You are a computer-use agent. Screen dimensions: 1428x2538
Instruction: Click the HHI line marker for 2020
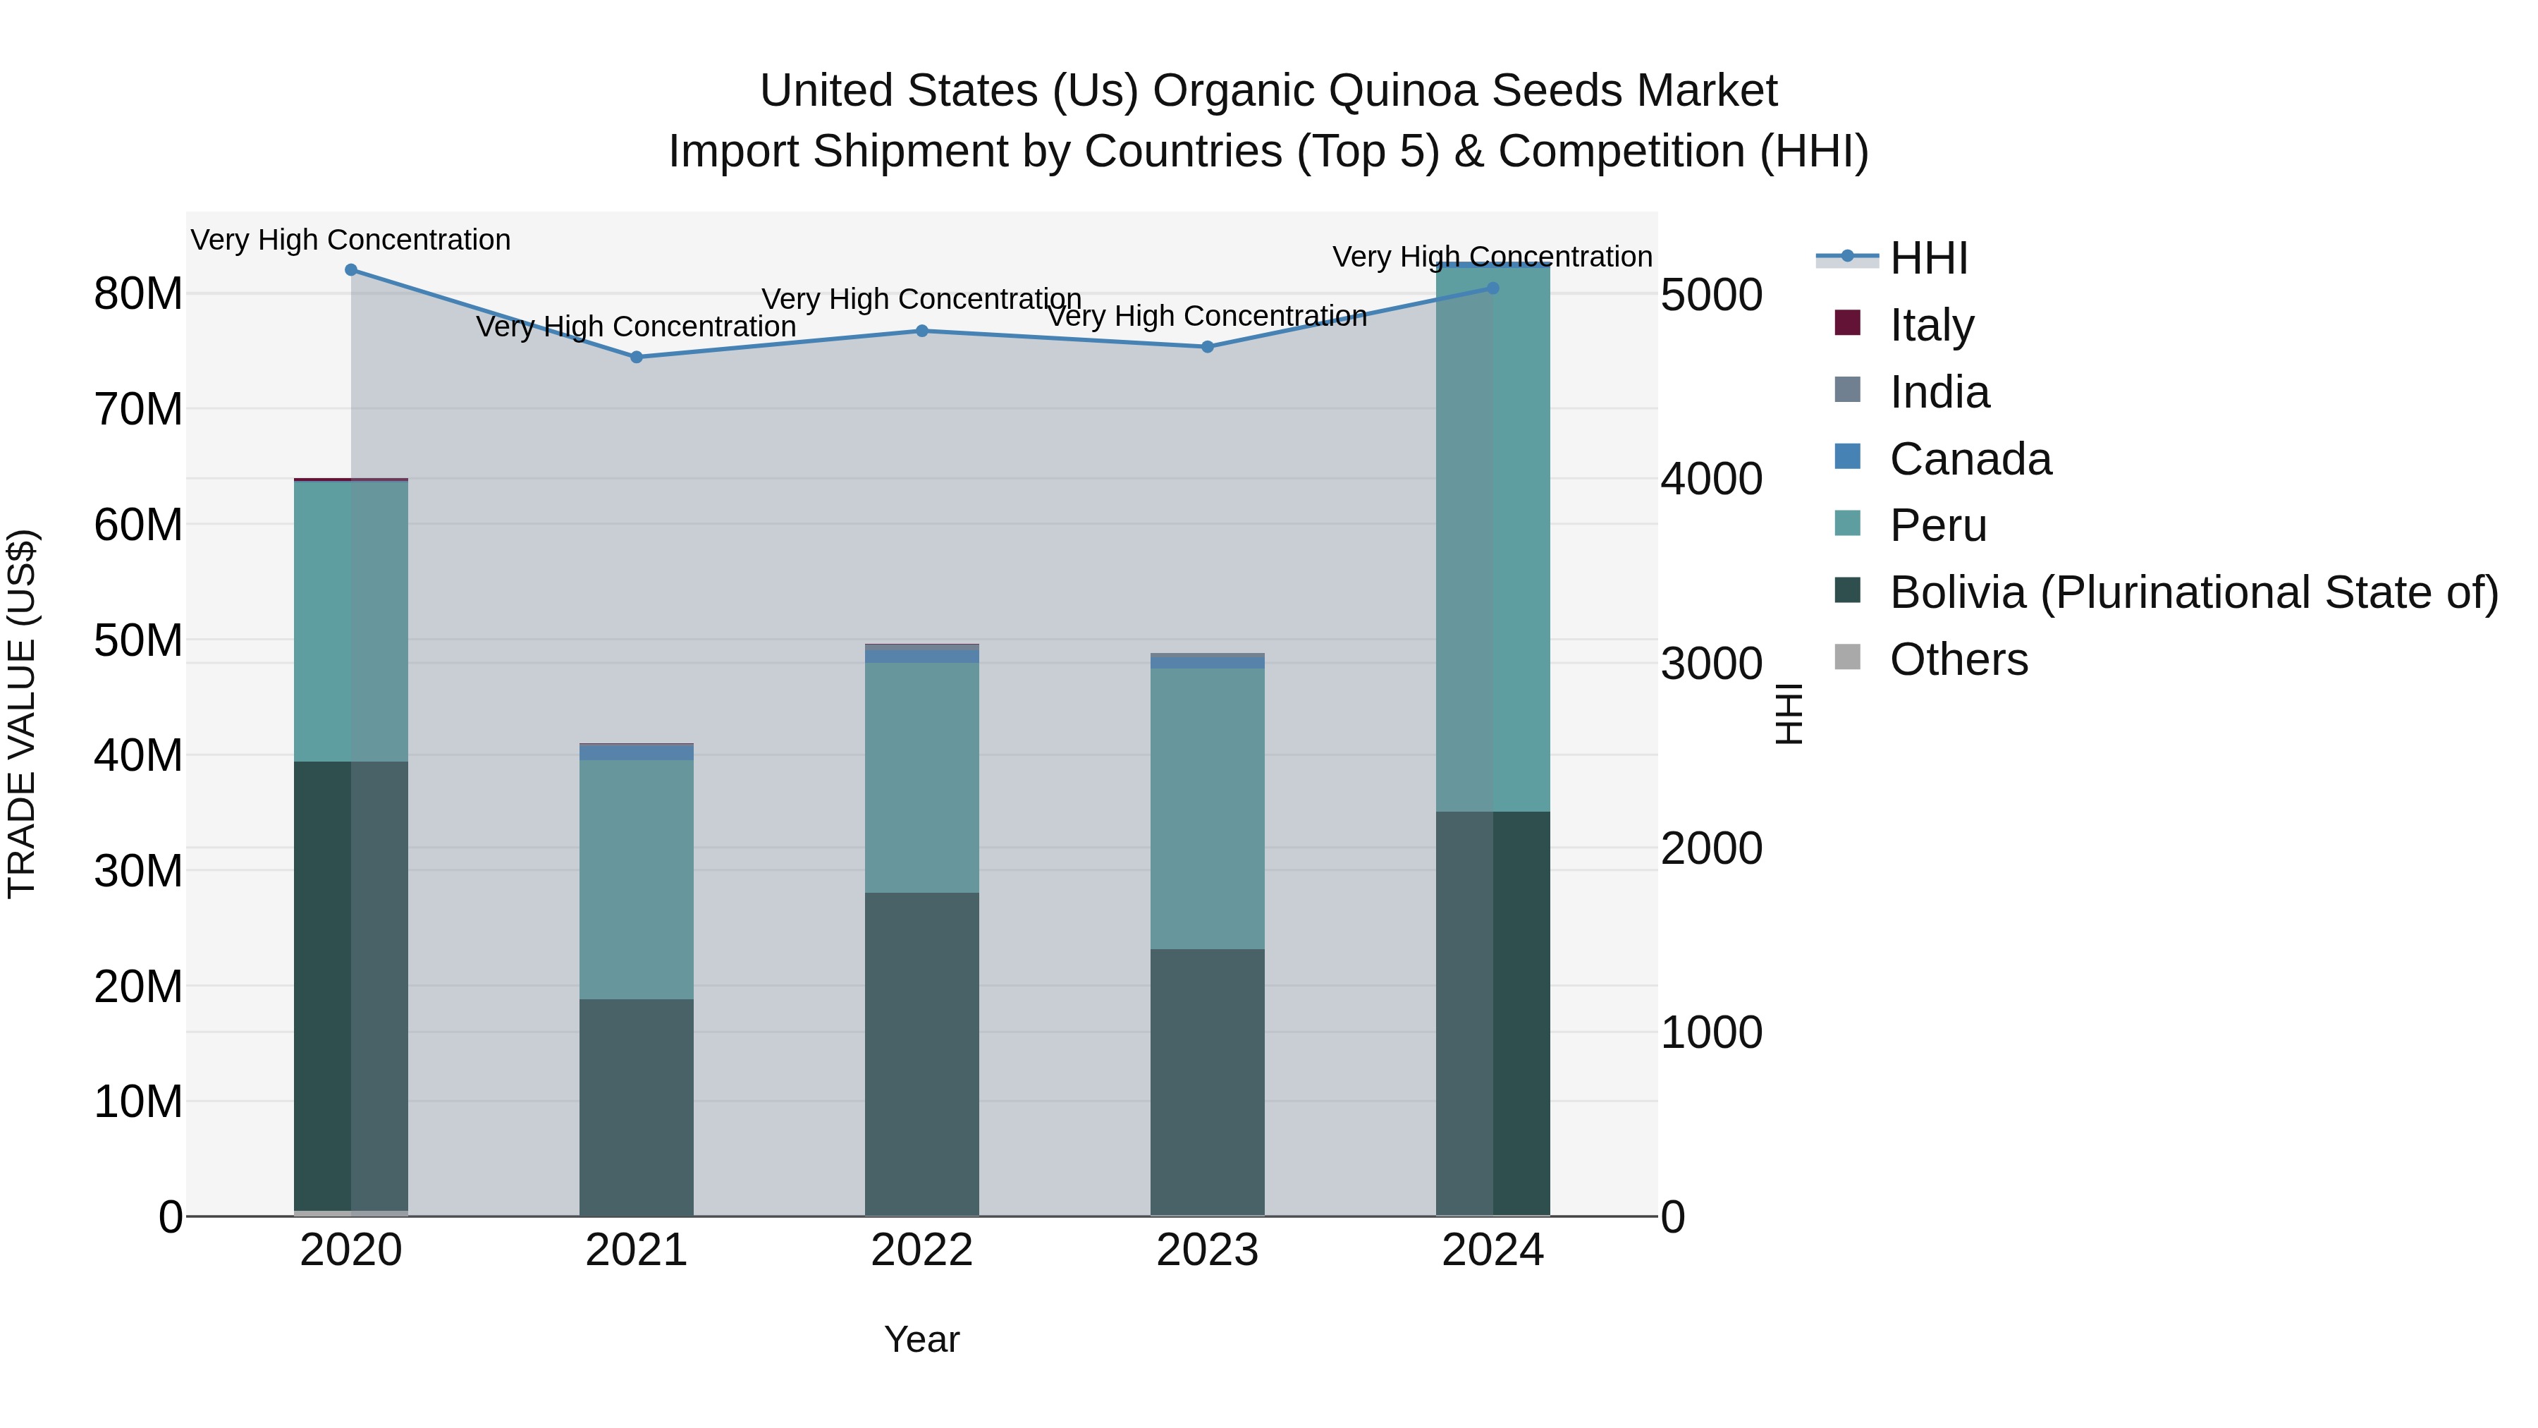click(x=351, y=270)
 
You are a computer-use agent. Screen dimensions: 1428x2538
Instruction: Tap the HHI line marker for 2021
click(x=637, y=357)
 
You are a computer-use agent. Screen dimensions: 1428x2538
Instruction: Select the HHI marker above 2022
click(x=922, y=331)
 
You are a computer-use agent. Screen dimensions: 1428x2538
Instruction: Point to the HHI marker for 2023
click(x=1207, y=347)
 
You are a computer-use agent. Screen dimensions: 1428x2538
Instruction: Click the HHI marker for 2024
click(x=1492, y=288)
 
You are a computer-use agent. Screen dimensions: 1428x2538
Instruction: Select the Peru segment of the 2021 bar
click(x=637, y=879)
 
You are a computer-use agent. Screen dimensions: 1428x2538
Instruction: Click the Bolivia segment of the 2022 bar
click(x=922, y=1054)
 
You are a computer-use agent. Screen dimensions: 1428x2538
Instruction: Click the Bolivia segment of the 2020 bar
click(x=351, y=986)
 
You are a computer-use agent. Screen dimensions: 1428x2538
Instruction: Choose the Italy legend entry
click(x=1931, y=325)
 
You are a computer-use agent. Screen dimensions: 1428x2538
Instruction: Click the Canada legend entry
click(x=1970, y=459)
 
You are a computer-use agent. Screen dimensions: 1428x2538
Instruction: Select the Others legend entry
click(x=1958, y=659)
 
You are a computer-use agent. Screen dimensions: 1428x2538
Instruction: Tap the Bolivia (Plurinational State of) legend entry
click(x=2193, y=592)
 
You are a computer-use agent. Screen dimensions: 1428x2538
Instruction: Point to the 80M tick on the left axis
click(x=138, y=293)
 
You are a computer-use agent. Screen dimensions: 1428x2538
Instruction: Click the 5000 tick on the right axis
click(x=1711, y=295)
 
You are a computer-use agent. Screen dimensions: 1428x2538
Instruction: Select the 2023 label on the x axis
click(x=1207, y=1250)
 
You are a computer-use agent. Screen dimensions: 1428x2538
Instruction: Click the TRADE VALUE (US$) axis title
click(x=22, y=714)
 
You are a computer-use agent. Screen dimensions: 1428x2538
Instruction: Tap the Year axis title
click(x=921, y=1339)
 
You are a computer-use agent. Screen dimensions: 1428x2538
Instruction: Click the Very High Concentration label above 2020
click(x=351, y=240)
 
